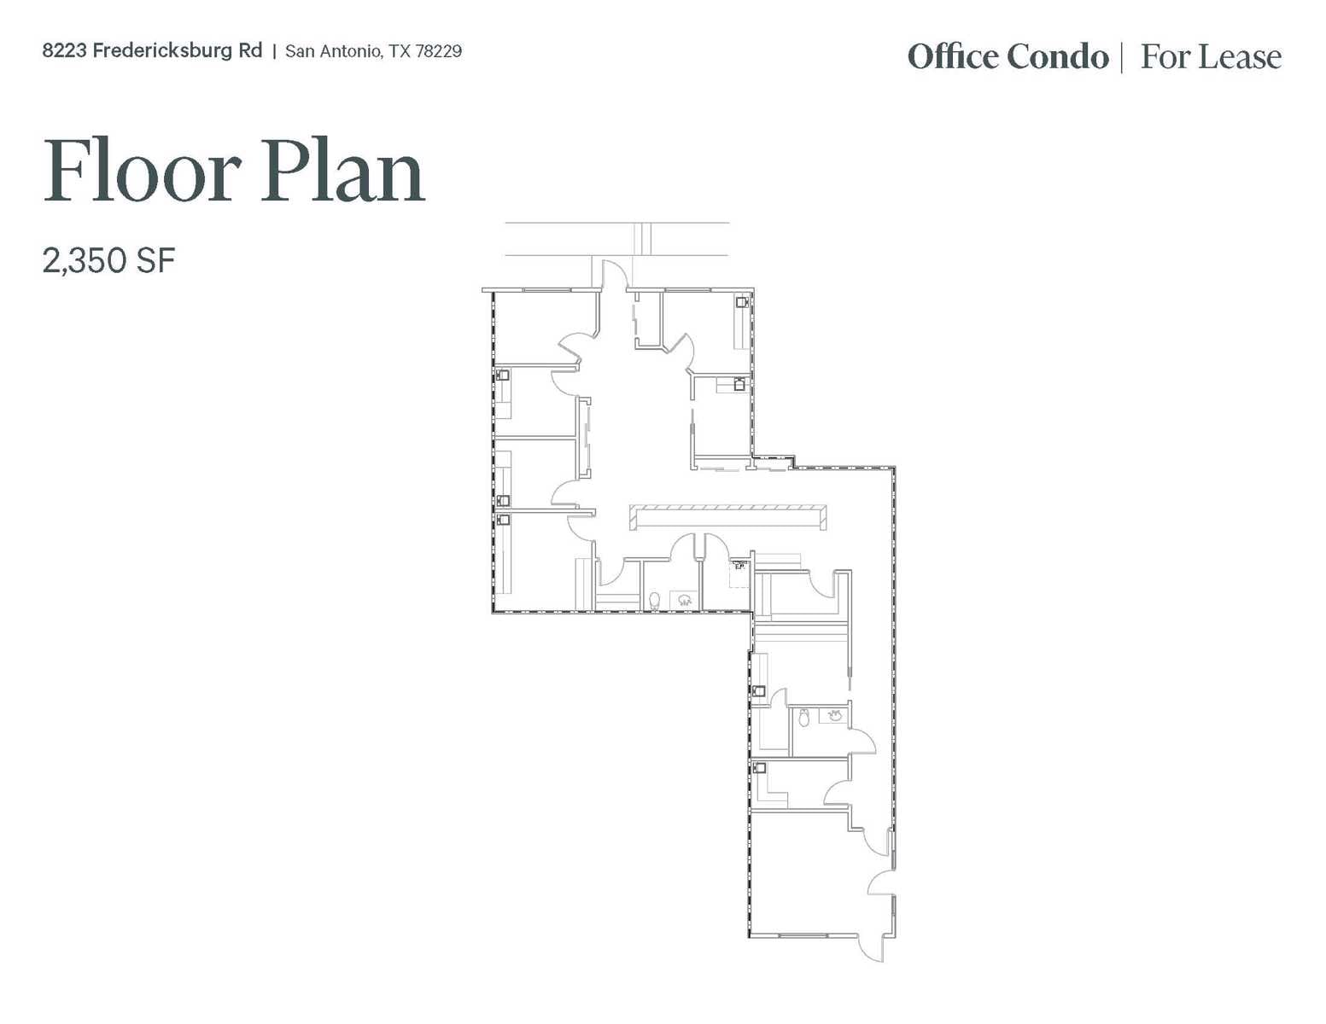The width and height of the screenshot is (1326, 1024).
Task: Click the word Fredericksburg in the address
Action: (177, 51)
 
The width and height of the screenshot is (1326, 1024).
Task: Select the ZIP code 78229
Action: (438, 51)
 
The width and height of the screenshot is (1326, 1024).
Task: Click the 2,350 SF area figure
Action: (108, 260)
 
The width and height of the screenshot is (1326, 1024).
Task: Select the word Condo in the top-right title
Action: (1057, 57)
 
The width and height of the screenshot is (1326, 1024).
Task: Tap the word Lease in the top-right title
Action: (1239, 57)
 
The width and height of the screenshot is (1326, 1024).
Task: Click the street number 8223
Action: (64, 51)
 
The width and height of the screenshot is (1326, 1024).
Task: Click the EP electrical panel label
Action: (739, 565)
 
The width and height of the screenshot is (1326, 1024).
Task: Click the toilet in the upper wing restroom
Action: (655, 601)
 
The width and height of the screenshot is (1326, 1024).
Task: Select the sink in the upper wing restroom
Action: (684, 600)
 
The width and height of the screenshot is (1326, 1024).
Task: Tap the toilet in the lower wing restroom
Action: (803, 718)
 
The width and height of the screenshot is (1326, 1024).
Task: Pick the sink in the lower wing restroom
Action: (834, 716)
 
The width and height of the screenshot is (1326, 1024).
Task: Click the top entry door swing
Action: (613, 275)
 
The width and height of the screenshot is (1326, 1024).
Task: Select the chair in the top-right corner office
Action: (742, 302)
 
